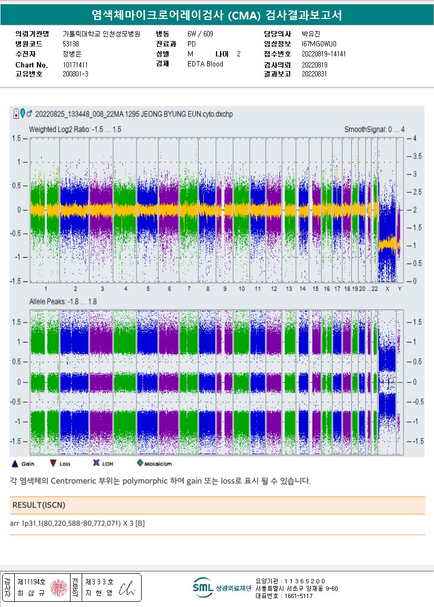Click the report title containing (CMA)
[216, 15]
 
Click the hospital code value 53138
[71, 44]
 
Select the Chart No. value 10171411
[75, 65]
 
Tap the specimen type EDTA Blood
[205, 64]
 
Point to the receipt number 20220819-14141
[323, 54]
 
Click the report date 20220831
[314, 74]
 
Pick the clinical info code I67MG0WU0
[319, 44]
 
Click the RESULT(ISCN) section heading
[38, 505]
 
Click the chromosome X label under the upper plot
[387, 289]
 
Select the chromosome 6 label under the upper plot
[169, 289]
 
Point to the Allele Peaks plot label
[63, 301]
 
